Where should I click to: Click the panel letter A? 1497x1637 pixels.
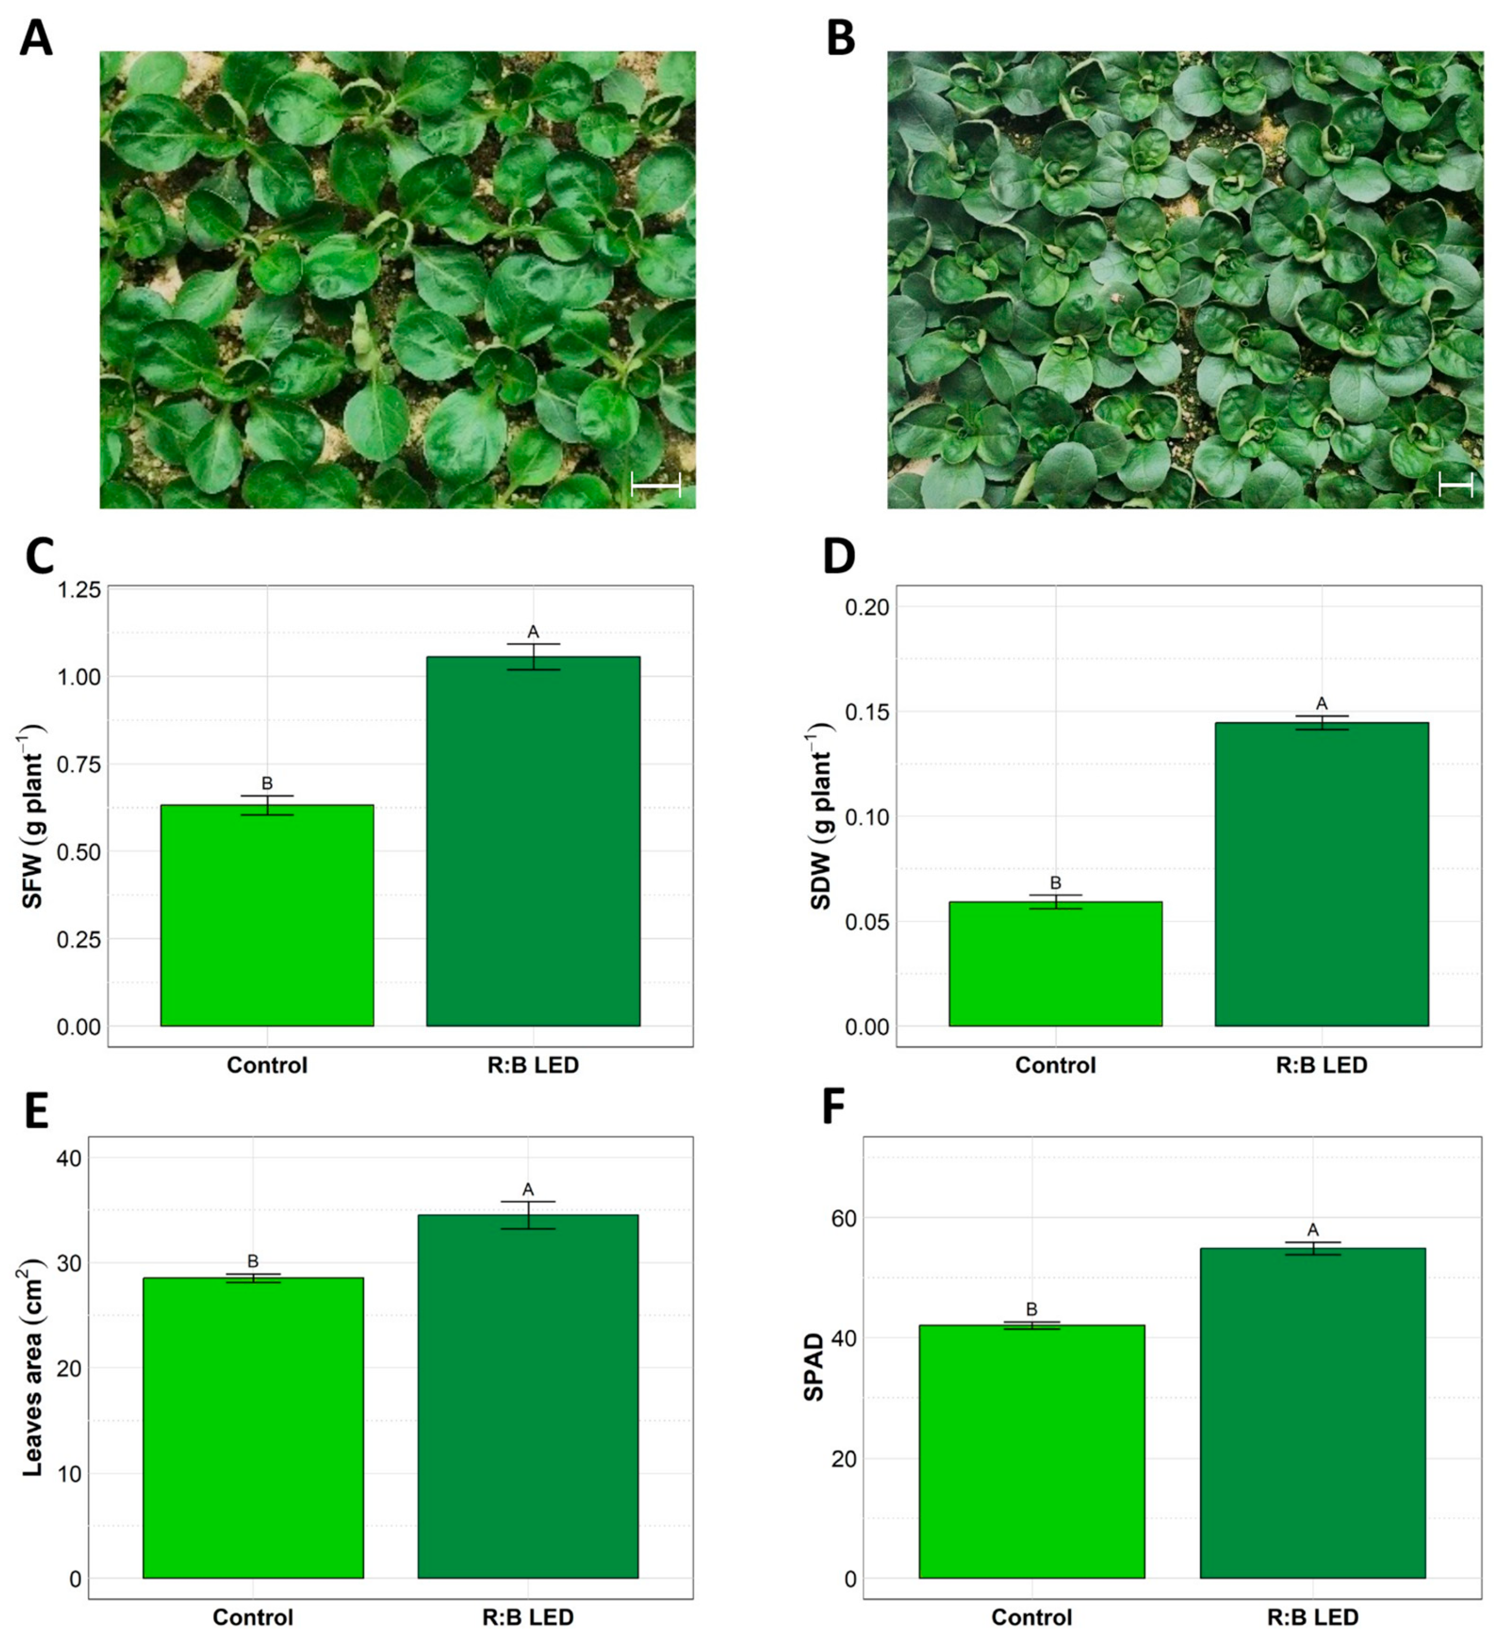pyautogui.click(x=35, y=38)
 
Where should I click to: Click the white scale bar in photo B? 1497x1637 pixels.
pyautogui.click(x=1455, y=486)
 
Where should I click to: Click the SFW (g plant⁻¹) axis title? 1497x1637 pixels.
pyautogui.click(x=33, y=816)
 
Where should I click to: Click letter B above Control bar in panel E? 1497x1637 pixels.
pyautogui.click(x=252, y=1261)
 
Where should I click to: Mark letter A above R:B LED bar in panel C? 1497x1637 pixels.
pyautogui.click(x=533, y=632)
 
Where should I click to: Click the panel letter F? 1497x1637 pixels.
pyautogui.click(x=836, y=1107)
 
